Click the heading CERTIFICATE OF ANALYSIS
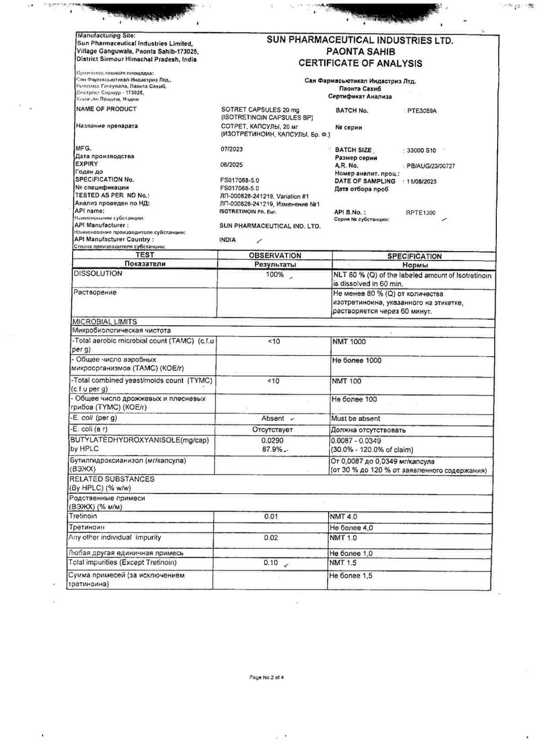tap(360, 63)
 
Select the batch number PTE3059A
tap(422, 111)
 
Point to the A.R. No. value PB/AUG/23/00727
tap(431, 166)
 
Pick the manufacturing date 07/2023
tap(232, 149)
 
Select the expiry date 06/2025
tap(232, 165)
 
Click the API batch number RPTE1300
tap(420, 213)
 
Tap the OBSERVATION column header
tap(275, 256)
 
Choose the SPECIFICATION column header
tap(414, 256)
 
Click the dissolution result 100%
tap(274, 274)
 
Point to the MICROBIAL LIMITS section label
tap(104, 322)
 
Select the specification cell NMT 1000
tap(349, 342)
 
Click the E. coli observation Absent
tap(273, 418)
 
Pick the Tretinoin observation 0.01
tap(271, 517)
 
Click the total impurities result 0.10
tap(270, 563)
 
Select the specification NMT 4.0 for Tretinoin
tap(343, 517)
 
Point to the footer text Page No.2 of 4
tap(267, 677)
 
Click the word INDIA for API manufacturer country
tap(228, 240)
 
